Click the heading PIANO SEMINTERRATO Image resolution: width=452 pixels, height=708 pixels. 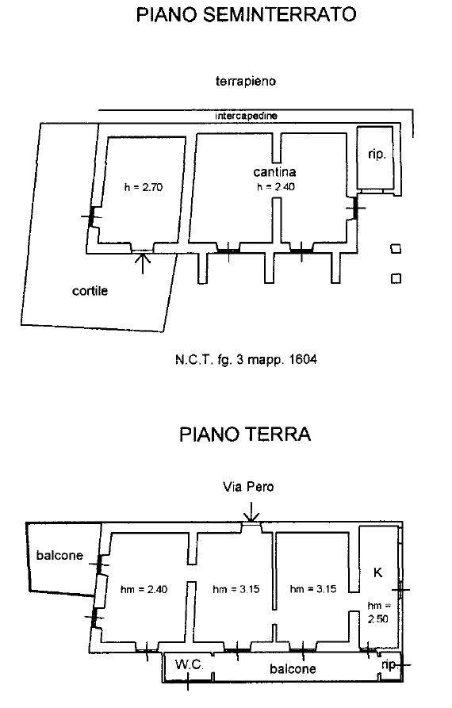pos(246,14)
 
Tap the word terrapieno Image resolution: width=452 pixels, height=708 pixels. pos(246,82)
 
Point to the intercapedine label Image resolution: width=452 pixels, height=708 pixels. pos(246,116)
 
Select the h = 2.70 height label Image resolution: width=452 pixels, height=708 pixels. pos(144,187)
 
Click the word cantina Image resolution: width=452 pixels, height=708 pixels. pos(274,172)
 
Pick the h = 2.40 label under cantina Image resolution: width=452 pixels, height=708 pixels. pos(276,186)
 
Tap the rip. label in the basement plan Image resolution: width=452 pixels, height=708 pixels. pos(377,155)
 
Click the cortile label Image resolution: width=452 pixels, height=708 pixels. pos(90,291)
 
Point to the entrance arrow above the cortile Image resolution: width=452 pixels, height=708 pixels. pos(143,263)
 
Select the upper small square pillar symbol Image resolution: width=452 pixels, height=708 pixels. pos(396,249)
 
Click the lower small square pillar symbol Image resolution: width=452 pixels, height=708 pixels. pos(396,278)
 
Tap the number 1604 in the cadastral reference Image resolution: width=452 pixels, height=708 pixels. pos(302,360)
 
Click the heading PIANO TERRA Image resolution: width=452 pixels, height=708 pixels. pos(245,434)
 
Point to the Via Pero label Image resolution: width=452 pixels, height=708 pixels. pos(248,487)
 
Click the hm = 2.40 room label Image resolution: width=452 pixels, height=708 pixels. pos(144,589)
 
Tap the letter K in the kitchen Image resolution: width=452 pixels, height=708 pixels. pos(378,572)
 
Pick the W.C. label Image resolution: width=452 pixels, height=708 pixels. pos(190,664)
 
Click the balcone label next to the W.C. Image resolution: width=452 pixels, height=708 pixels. pos(293,668)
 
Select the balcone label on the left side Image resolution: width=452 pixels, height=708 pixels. pos(59,555)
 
